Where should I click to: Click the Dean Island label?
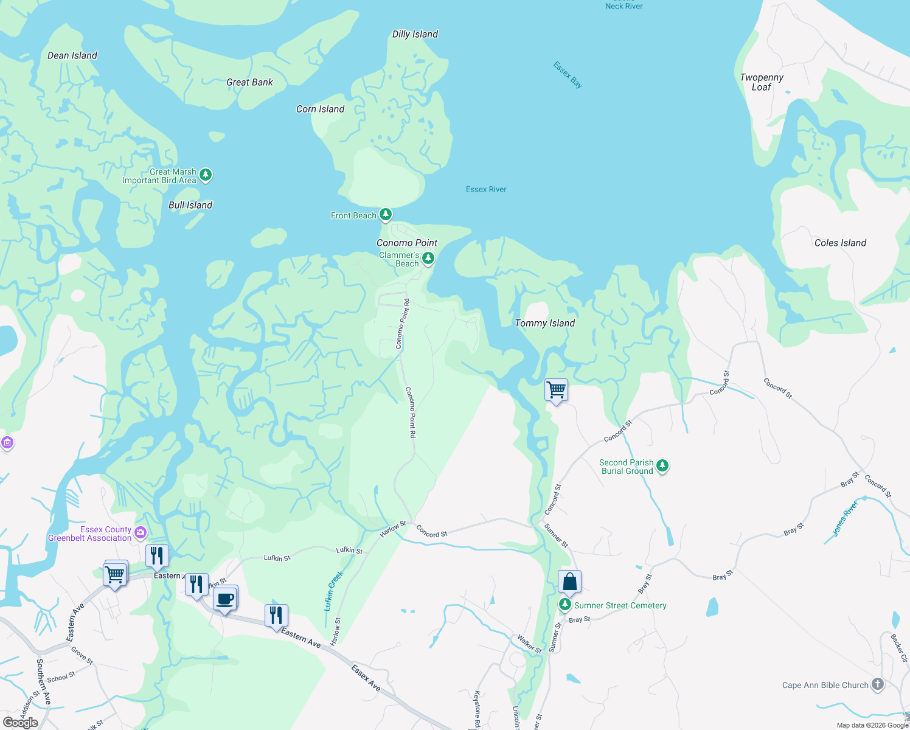[72, 55]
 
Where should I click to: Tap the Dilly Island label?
[415, 34]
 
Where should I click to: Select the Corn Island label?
[320, 109]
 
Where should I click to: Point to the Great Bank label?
[249, 82]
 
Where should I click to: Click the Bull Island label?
[190, 205]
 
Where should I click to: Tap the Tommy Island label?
[544, 323]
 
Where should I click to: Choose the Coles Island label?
[840, 243]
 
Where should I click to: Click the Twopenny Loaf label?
[762, 82]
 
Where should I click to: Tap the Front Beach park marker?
[386, 214]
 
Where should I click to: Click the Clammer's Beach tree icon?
[428, 259]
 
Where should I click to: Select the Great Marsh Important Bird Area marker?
[206, 175]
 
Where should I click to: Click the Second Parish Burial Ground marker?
[662, 466]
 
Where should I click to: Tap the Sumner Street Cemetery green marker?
[565, 605]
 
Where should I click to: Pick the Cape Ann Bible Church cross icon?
[877, 684]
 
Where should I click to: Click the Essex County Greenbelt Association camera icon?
[141, 533]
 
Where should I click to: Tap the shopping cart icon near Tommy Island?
[557, 389]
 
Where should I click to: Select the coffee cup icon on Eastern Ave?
[225, 599]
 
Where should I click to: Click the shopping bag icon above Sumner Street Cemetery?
[570, 582]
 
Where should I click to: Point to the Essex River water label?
[486, 189]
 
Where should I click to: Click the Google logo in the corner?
[20, 723]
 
